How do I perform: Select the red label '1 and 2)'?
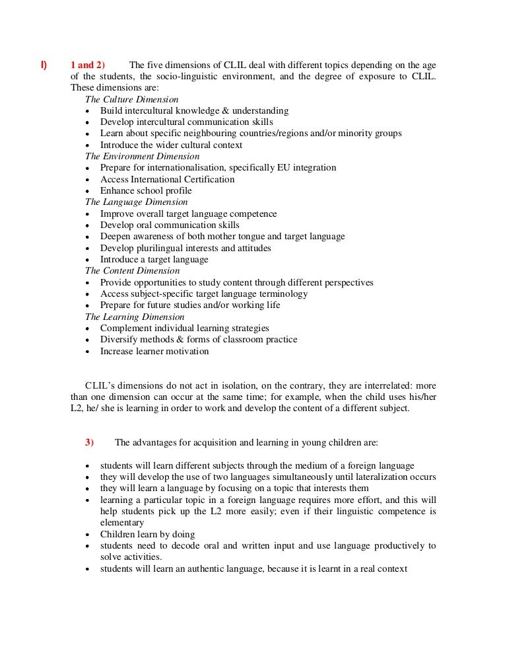[x=87, y=65]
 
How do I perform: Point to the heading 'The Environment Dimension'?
[x=142, y=157]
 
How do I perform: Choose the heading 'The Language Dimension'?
[x=136, y=202]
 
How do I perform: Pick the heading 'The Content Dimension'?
[x=132, y=271]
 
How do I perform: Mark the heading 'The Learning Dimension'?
[x=134, y=317]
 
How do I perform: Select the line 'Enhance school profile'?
[x=146, y=191]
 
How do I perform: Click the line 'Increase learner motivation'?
[x=154, y=352]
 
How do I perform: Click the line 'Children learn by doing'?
[x=147, y=534]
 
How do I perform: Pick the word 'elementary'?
[x=122, y=523]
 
